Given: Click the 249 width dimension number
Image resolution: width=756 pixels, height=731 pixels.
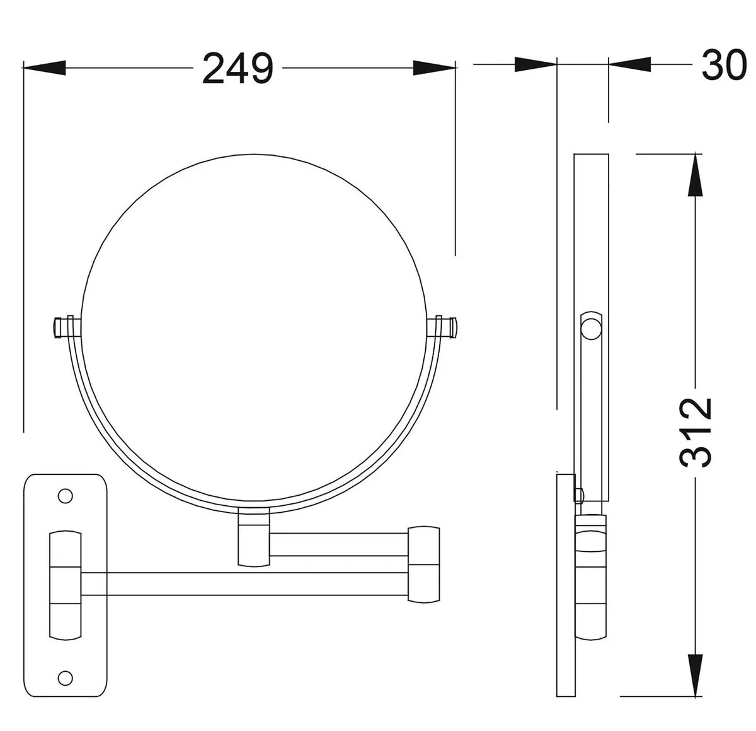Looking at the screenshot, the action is coord(238,69).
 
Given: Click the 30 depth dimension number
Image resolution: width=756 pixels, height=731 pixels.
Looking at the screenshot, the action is coord(724,65).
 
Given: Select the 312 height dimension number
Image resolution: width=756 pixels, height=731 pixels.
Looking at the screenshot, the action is coord(695,432).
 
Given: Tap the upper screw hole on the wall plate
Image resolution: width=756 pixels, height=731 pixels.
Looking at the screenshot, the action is coord(65,496).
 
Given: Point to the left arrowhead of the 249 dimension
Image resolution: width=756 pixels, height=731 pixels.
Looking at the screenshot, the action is coord(44,68).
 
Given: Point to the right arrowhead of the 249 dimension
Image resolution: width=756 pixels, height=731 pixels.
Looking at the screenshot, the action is coord(434,68).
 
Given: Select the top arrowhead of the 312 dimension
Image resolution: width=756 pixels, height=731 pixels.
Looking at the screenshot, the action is coord(696,175).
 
